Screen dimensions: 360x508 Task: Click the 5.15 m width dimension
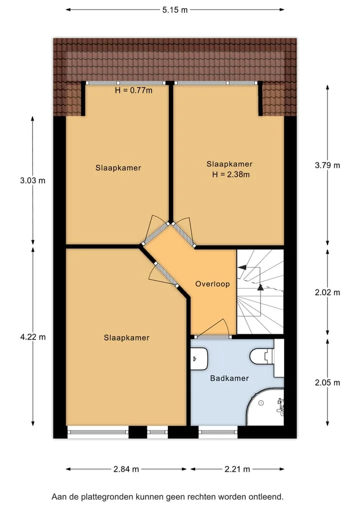175,9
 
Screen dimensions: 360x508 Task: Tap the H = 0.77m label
133,90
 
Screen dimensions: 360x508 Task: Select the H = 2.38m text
231,175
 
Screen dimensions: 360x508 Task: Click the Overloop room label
212,284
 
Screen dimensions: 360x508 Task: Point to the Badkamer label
229,378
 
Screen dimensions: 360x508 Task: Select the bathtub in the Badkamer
265,407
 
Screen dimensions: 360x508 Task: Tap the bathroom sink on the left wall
199,359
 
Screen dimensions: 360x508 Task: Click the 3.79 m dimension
327,165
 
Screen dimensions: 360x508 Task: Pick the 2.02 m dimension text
327,293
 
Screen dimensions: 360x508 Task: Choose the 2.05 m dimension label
327,383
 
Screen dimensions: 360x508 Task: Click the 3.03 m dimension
33,180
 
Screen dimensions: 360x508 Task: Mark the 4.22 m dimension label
33,337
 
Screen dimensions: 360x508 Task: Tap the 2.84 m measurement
126,469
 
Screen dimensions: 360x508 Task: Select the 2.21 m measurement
237,469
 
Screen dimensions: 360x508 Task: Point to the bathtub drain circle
261,403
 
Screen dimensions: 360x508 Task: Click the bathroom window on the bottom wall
218,432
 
